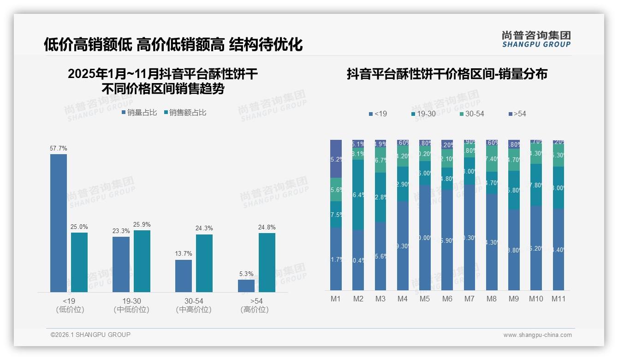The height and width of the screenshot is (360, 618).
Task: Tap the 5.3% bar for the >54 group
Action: click(246, 286)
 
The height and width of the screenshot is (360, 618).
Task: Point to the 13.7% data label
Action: click(184, 253)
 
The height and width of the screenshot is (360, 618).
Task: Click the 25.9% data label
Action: click(142, 225)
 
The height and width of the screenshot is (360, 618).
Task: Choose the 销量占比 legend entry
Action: click(139, 112)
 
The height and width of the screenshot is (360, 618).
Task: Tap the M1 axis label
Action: click(336, 299)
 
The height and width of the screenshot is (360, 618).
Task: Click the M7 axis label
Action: click(469, 299)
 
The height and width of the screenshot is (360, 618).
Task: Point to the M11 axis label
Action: click(559, 299)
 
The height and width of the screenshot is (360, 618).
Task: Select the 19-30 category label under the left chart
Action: click(131, 301)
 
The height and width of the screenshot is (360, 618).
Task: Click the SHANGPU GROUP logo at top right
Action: click(536, 39)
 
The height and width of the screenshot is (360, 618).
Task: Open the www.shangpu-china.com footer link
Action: click(537, 335)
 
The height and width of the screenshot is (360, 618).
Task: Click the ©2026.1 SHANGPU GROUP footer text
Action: click(90, 335)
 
